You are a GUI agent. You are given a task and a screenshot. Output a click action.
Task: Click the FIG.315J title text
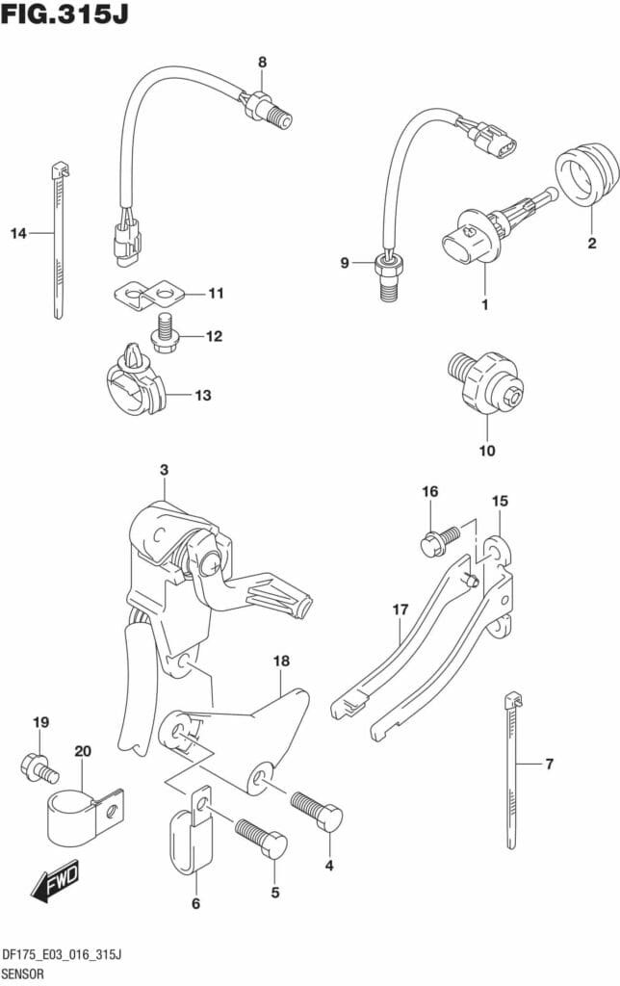pyautogui.click(x=65, y=13)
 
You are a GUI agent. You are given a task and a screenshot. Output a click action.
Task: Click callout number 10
pyautogui.click(x=487, y=451)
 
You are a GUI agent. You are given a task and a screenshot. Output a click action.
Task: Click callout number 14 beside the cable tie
pyautogui.click(x=19, y=234)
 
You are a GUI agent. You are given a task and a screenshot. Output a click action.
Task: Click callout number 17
pyautogui.click(x=400, y=610)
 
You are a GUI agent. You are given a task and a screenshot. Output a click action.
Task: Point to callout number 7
pyautogui.click(x=549, y=764)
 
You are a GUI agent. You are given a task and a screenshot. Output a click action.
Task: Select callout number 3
pyautogui.click(x=164, y=470)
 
